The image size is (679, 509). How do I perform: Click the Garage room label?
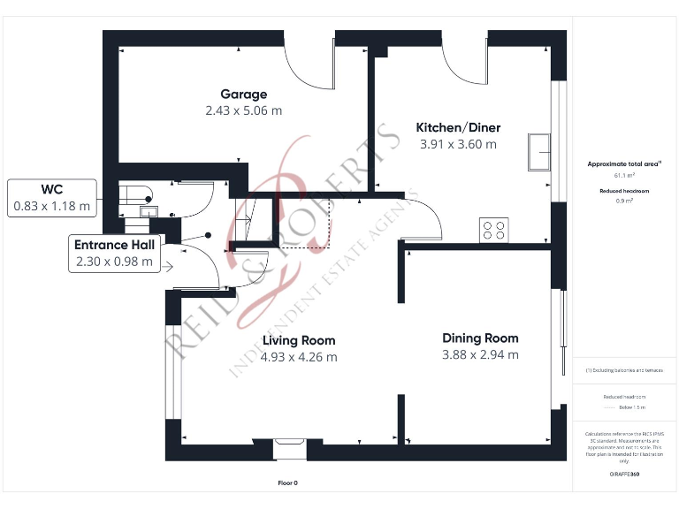click(x=243, y=95)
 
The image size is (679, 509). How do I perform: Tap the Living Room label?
click(x=298, y=340)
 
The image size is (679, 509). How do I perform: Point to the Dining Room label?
click(x=480, y=338)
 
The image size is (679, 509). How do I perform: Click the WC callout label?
click(x=51, y=189)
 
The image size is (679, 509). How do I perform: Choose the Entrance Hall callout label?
click(x=113, y=245)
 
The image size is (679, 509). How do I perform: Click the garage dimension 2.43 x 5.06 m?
click(x=243, y=111)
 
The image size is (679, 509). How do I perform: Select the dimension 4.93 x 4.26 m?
click(x=298, y=357)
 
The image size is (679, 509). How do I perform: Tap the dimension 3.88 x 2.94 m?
click(x=480, y=355)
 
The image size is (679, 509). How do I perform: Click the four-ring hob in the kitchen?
click(x=493, y=230)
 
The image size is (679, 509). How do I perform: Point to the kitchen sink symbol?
click(x=538, y=151)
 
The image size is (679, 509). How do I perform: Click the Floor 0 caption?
click(x=288, y=483)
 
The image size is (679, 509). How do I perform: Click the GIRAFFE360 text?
click(x=624, y=475)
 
